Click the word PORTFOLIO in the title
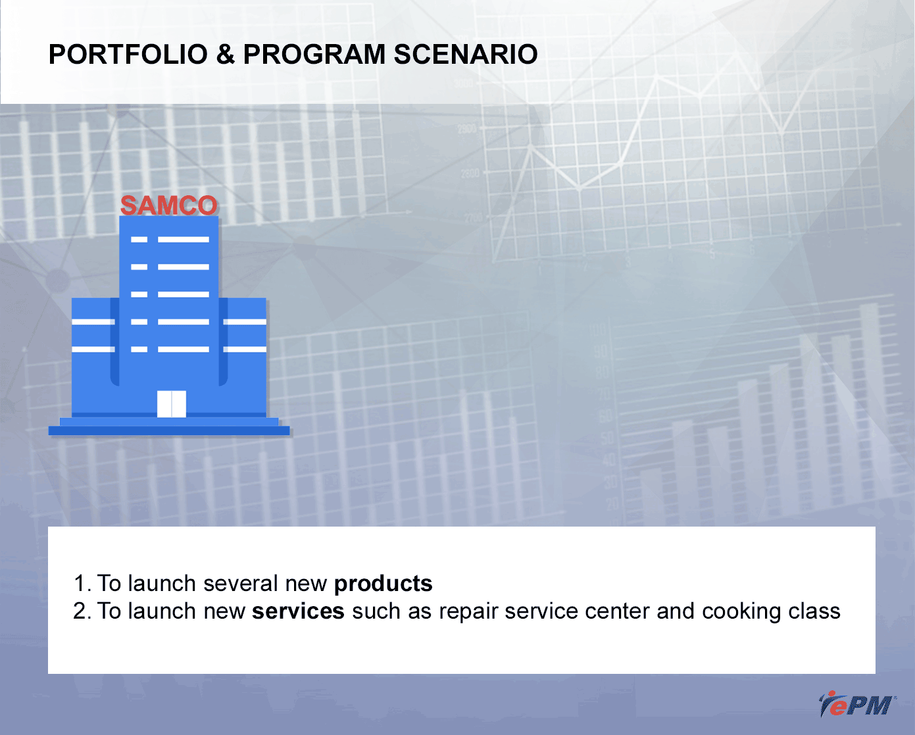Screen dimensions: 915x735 click(x=128, y=55)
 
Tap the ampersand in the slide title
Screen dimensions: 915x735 click(x=226, y=55)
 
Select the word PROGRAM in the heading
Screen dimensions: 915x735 click(x=314, y=55)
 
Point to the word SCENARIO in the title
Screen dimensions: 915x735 click(x=466, y=55)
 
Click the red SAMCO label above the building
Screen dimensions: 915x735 click(x=169, y=205)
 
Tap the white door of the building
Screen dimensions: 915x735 click(x=171, y=404)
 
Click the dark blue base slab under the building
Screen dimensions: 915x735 click(x=169, y=431)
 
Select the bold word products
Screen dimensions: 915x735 click(x=383, y=584)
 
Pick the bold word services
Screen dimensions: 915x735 click(x=298, y=611)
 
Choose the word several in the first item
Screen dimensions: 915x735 click(x=241, y=583)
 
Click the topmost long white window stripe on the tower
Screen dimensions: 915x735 click(x=184, y=239)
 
